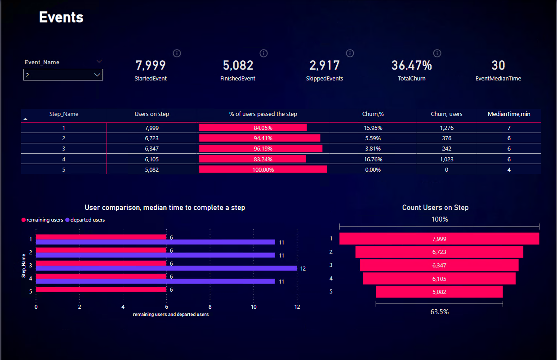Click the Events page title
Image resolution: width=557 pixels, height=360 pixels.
tap(61, 17)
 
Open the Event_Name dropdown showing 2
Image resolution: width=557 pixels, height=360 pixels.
tap(63, 75)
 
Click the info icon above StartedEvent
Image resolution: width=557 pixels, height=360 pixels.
tap(177, 53)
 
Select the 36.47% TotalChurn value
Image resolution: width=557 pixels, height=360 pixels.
tap(411, 66)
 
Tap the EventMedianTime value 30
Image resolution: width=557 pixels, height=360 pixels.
tap(498, 66)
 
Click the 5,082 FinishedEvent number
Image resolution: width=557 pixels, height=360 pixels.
tap(238, 66)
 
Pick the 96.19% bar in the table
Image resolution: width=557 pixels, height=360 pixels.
tap(260, 149)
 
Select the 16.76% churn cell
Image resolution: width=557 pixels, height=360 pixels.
tap(372, 159)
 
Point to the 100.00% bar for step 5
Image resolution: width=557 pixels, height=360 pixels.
tap(263, 170)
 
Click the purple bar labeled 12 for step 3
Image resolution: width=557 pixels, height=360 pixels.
tap(166, 268)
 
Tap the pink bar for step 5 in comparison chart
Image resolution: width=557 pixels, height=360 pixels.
tap(101, 289)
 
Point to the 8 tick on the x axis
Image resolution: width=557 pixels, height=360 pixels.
tap(210, 307)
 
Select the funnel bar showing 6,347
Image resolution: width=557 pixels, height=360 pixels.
tap(439, 266)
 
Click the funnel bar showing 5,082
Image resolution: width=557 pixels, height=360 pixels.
tap(439, 292)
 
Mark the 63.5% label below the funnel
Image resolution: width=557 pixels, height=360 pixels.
tap(439, 311)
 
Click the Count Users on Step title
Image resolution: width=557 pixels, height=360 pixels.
tap(435, 208)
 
